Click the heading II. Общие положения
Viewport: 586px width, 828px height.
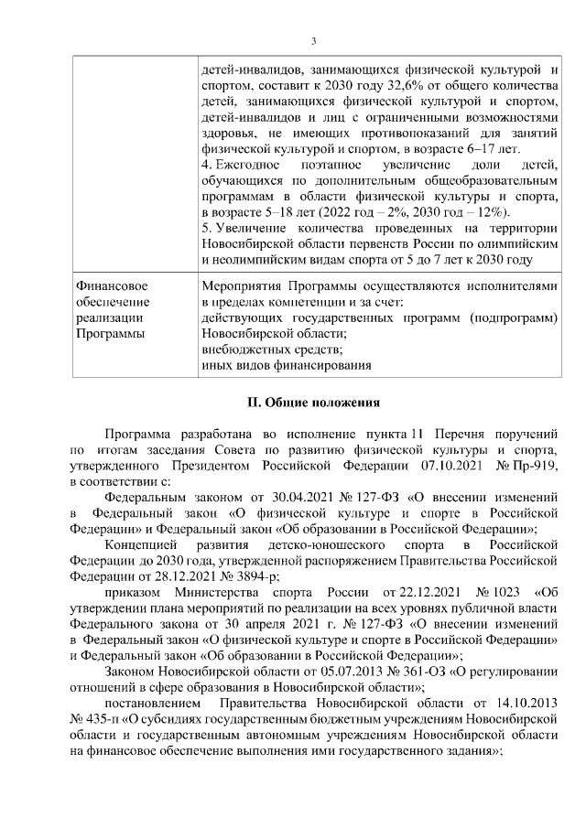pos(313,402)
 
